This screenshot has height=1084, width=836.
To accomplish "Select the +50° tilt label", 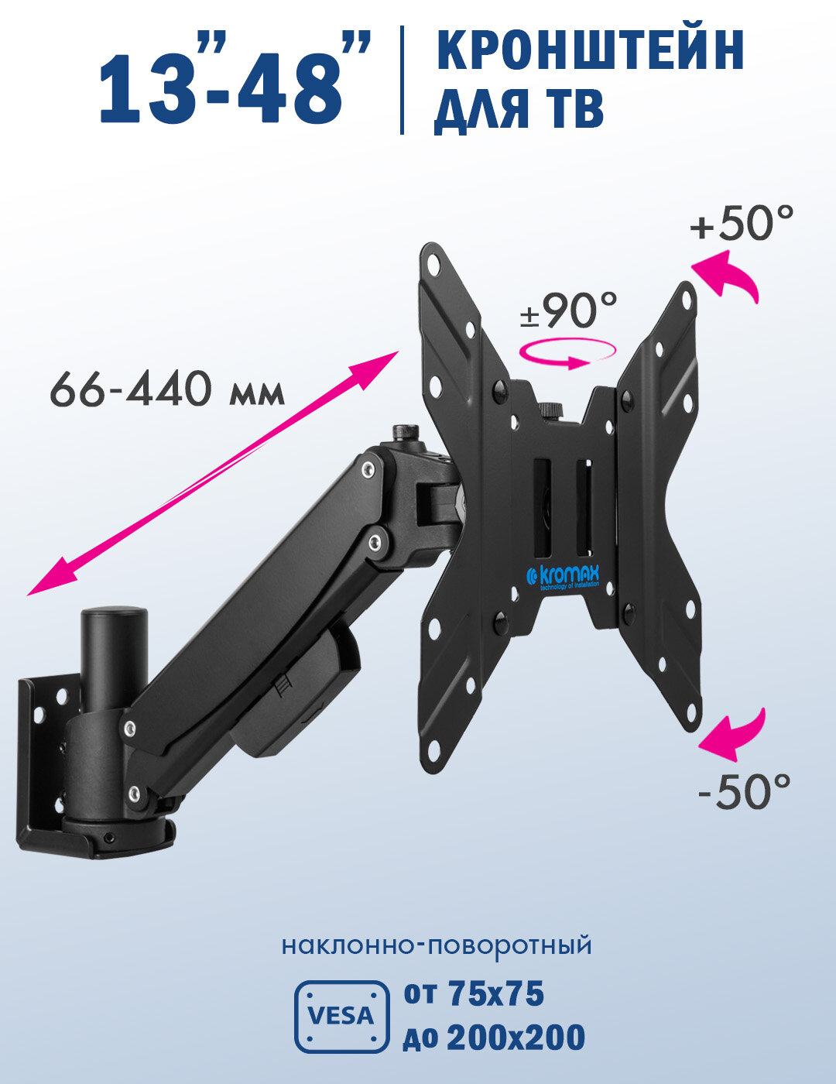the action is click(x=742, y=222).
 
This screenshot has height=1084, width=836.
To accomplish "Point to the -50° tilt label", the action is click(x=745, y=791).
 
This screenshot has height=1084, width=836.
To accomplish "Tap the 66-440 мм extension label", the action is click(x=167, y=389).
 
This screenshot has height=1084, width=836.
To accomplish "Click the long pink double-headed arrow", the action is click(x=213, y=473).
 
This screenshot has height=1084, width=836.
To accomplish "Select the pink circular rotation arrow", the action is click(x=568, y=353).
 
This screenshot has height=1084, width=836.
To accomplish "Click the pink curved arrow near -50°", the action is click(x=733, y=734).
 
